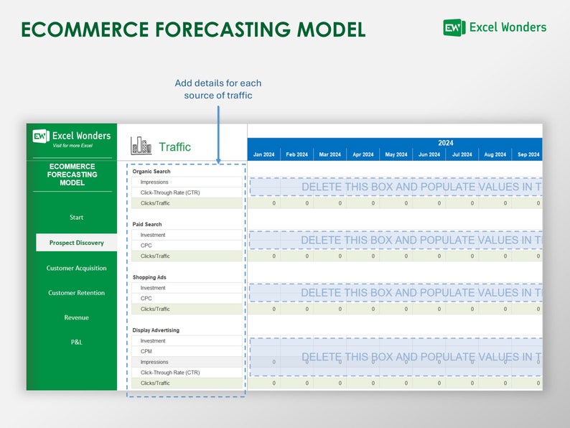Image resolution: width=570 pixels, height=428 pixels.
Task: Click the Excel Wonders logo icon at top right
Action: (x=454, y=27)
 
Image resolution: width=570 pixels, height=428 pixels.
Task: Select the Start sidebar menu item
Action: (x=76, y=217)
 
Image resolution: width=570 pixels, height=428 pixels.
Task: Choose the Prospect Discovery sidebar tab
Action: (x=76, y=243)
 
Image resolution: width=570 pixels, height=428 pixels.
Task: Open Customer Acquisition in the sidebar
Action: (x=76, y=268)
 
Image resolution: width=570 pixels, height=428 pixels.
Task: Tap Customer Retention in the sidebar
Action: (x=76, y=293)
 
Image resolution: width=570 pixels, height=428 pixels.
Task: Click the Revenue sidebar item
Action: (x=76, y=317)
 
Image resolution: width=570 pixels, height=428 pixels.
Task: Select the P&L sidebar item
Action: (x=76, y=342)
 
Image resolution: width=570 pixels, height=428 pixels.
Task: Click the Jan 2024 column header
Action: (x=263, y=154)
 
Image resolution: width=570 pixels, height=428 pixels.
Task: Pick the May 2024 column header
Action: (x=396, y=154)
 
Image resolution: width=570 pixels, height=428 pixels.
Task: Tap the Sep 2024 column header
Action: (x=527, y=154)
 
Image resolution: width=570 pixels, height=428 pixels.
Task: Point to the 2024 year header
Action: (x=445, y=143)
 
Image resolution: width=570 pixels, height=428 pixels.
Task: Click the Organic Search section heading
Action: (x=151, y=172)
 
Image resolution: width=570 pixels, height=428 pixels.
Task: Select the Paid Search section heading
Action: (x=148, y=224)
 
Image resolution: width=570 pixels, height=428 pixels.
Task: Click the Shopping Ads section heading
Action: (x=149, y=277)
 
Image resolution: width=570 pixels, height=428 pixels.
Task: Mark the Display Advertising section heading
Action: (x=156, y=330)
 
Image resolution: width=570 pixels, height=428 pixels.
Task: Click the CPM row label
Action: (x=146, y=352)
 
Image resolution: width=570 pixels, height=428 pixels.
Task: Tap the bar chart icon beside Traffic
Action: (x=141, y=146)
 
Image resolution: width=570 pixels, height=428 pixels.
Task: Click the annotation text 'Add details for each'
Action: (x=218, y=83)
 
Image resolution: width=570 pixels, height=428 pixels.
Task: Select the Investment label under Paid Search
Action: (x=153, y=235)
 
